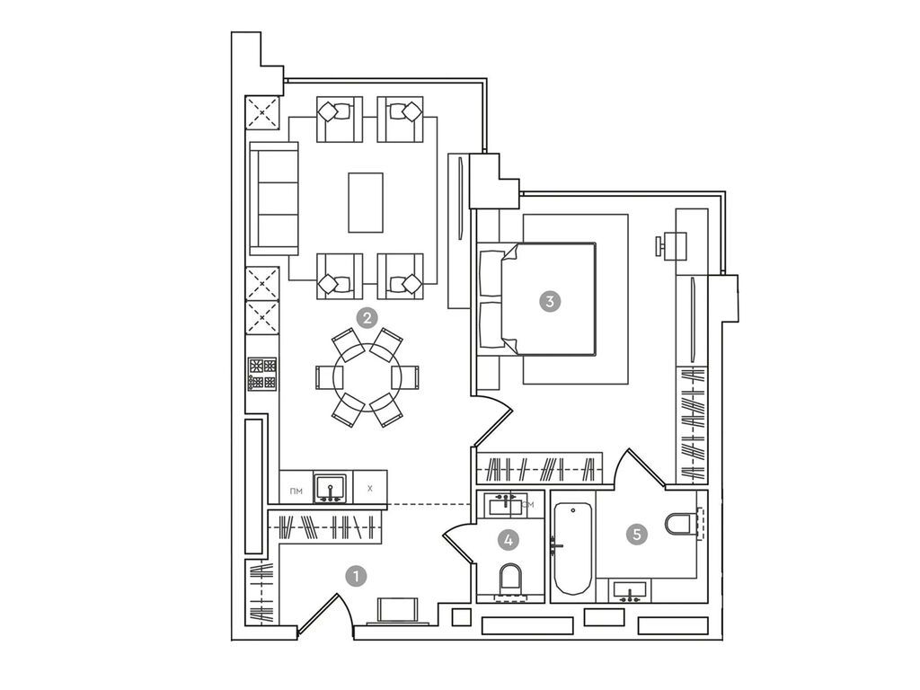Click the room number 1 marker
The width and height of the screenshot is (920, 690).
click(358, 576)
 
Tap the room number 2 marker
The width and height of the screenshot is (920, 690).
click(367, 317)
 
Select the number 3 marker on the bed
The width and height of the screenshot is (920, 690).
click(549, 301)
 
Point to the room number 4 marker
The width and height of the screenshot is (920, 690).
click(509, 540)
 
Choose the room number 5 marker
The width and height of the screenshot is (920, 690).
click(637, 535)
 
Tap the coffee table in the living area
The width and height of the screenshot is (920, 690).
click(366, 202)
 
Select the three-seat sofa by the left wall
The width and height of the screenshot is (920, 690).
click(274, 199)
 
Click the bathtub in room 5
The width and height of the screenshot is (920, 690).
click(571, 549)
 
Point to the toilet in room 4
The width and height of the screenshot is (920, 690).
click(510, 579)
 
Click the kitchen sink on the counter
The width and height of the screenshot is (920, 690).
click(332, 489)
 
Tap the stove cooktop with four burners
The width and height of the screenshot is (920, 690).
click(262, 374)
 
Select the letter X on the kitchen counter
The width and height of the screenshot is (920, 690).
click(369, 490)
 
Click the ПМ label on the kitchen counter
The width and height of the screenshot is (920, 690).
click(296, 491)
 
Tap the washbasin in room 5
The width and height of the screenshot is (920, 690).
click(631, 591)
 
